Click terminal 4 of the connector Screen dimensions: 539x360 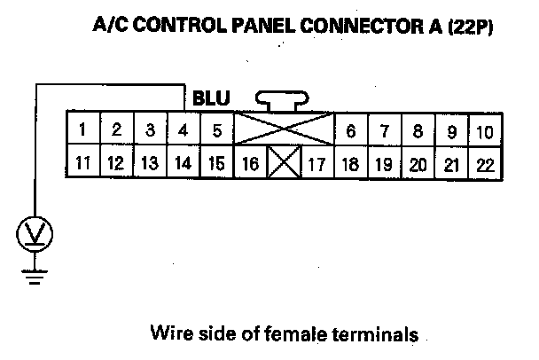pos(183,130)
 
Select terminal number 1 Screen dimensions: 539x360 pos(82,130)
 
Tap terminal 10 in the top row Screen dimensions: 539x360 pos(484,131)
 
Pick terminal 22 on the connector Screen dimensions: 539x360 pos(484,163)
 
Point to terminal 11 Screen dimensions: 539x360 pos(82,163)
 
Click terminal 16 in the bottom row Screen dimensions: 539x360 pos(250,163)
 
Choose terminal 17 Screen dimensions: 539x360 pos(316,163)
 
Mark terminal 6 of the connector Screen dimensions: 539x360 pos(351,131)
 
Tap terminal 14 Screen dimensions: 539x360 pos(183,163)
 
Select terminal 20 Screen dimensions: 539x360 pos(418,163)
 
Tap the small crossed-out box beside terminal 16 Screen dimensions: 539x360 pos(284,163)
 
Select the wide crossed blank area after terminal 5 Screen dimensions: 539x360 pos(284,130)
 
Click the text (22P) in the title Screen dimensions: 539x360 pos(468,27)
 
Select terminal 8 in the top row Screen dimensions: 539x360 pos(418,131)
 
